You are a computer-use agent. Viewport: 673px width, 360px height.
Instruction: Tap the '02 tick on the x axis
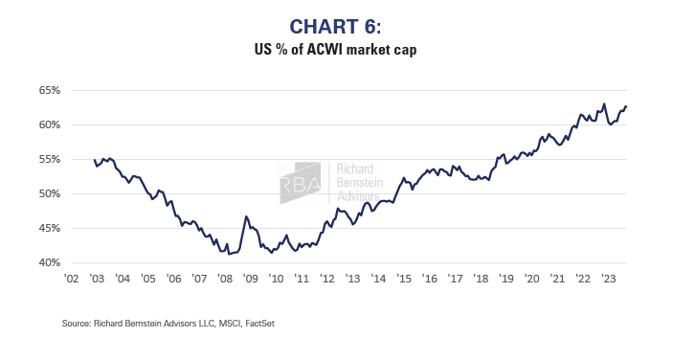pos(71,280)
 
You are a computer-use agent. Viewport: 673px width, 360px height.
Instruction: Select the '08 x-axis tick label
pos(224,280)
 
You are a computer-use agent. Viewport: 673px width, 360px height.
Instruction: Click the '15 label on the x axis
pos(403,280)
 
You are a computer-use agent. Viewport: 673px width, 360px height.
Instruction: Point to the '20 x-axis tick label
pos(530,280)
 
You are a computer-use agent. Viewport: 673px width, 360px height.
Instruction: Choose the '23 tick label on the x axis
pos(607,280)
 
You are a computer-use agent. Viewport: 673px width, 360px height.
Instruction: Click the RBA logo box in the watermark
pos(301,182)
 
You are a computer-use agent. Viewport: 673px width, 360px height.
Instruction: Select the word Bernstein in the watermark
pos(355,180)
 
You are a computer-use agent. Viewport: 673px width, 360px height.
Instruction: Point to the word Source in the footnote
pos(77,324)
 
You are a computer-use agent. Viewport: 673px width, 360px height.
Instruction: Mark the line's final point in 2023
pos(626,106)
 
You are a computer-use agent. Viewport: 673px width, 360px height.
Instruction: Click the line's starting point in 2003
pos(94,160)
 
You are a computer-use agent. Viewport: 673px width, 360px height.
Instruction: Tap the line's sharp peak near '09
pos(247,216)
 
